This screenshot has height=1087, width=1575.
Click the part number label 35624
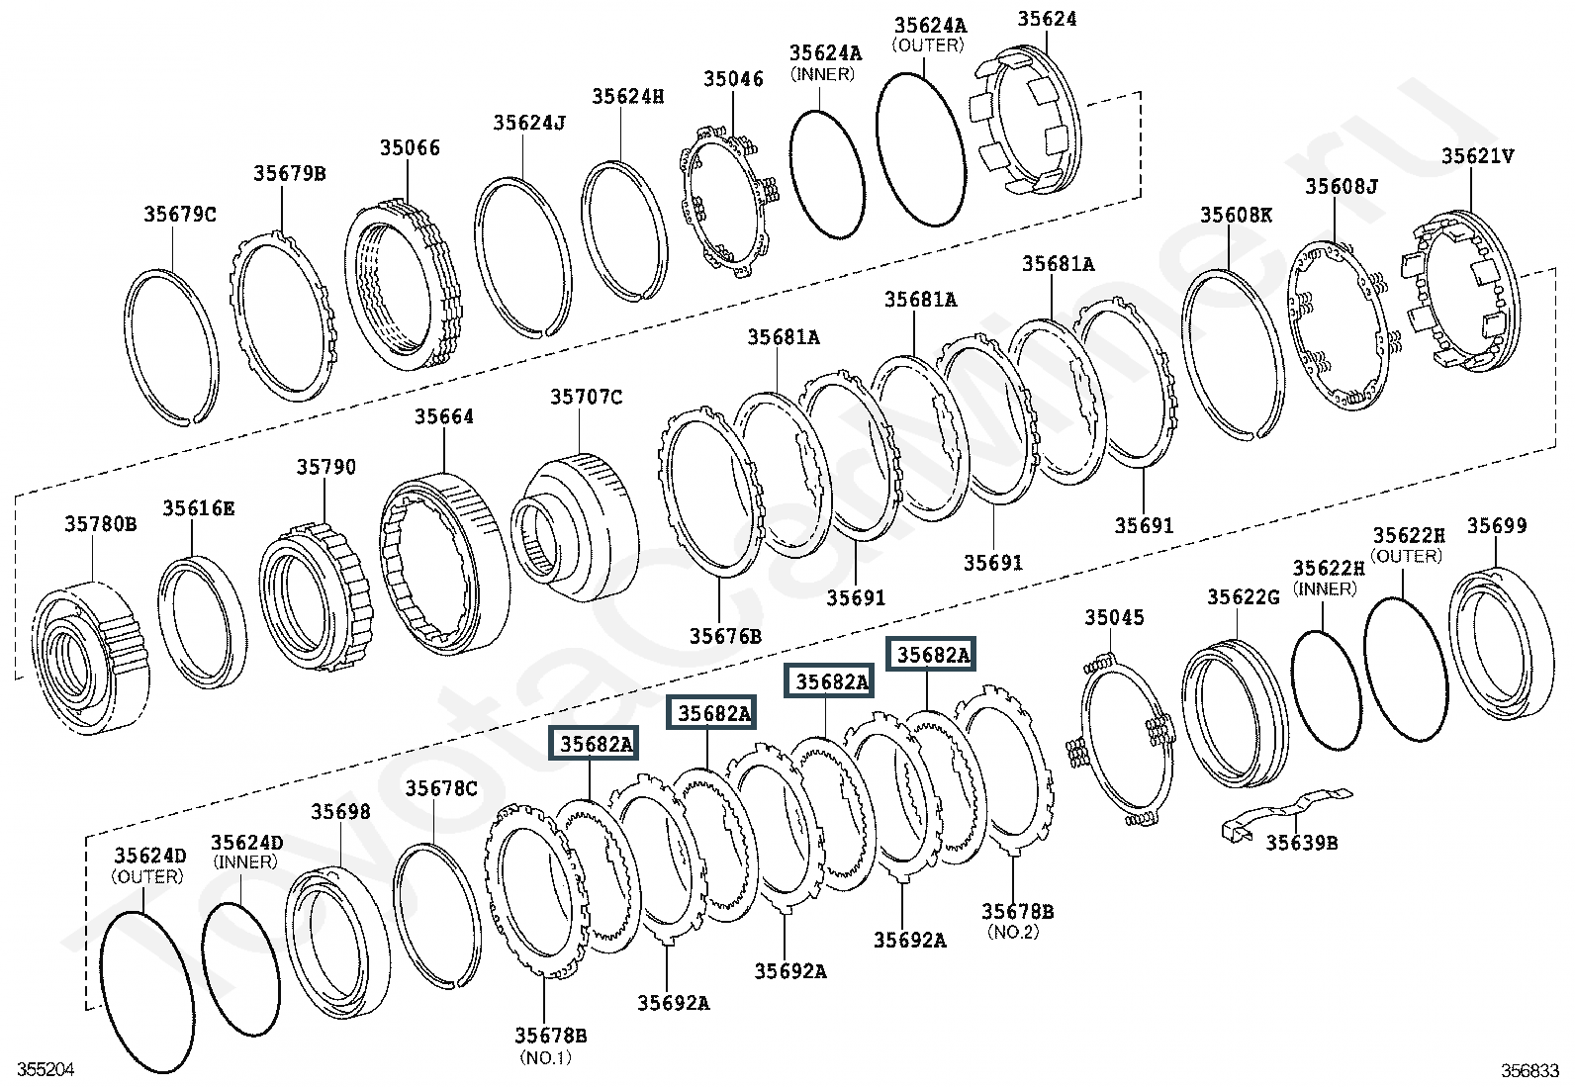click(x=1047, y=19)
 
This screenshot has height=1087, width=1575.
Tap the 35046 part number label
click(x=733, y=79)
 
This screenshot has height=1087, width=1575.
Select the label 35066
click(x=410, y=147)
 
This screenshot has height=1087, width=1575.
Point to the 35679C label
click(x=180, y=214)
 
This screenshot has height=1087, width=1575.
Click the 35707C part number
click(x=587, y=398)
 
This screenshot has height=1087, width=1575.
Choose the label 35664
click(x=443, y=416)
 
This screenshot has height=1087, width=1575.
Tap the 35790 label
click(x=326, y=467)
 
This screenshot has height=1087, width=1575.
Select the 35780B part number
click(x=101, y=524)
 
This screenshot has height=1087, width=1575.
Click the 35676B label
click(x=725, y=636)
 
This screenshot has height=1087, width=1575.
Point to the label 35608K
click(x=1236, y=215)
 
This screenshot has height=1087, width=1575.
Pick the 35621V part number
click(x=1478, y=155)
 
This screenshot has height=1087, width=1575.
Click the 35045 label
click(x=1114, y=617)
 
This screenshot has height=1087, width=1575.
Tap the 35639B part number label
click(x=1302, y=843)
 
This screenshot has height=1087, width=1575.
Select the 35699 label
click(x=1497, y=525)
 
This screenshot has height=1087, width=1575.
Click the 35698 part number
click(x=341, y=811)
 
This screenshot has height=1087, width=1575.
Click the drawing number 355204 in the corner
click(x=46, y=1069)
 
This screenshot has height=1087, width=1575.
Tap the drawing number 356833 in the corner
click(x=1530, y=1070)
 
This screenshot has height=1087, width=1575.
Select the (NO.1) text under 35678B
click(x=546, y=1056)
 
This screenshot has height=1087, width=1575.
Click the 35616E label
click(x=199, y=507)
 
